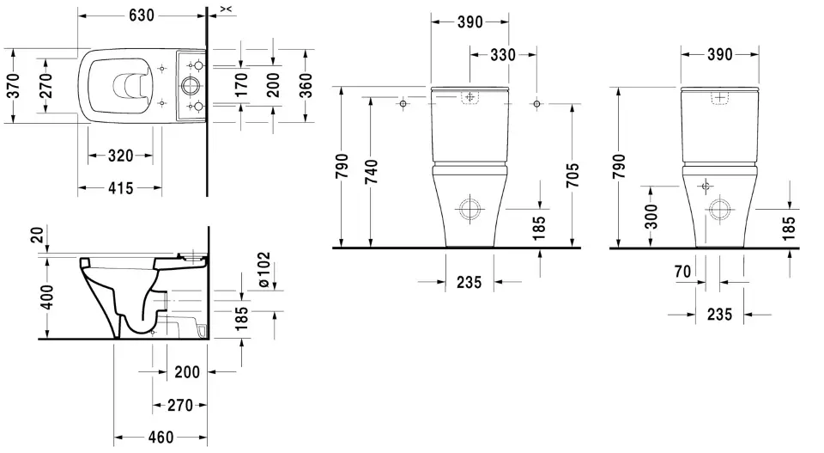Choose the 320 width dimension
(x=120, y=156)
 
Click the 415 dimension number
(x=120, y=187)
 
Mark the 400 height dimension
(x=47, y=297)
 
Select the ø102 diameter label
(x=264, y=269)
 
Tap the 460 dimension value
(x=157, y=437)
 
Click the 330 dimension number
(x=502, y=55)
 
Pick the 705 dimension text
(x=573, y=174)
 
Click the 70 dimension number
(x=682, y=272)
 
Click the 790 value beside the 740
(x=342, y=167)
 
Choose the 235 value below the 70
(x=719, y=315)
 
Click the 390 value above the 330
(x=470, y=22)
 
